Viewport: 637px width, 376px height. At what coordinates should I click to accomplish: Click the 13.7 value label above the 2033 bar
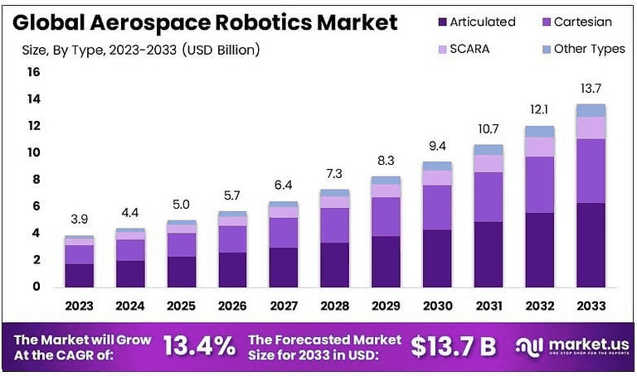click(x=591, y=89)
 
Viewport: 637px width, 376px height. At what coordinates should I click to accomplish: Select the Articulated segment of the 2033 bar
click(x=591, y=245)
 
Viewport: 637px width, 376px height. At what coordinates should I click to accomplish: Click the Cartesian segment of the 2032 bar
click(x=539, y=185)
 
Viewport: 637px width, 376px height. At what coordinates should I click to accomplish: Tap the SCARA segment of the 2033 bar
click(x=591, y=128)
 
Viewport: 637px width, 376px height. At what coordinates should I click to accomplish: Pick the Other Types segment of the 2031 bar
click(x=488, y=150)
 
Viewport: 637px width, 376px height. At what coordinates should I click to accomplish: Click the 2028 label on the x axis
click(x=334, y=306)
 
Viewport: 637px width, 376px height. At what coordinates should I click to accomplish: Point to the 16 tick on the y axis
click(x=33, y=72)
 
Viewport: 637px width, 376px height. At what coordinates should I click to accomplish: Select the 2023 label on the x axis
click(x=79, y=306)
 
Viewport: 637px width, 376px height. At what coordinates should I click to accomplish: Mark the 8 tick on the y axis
click(x=36, y=180)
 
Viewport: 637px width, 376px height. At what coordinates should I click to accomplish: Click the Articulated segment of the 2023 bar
click(x=79, y=275)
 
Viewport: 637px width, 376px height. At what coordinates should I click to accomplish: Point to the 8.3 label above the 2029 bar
click(x=386, y=160)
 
